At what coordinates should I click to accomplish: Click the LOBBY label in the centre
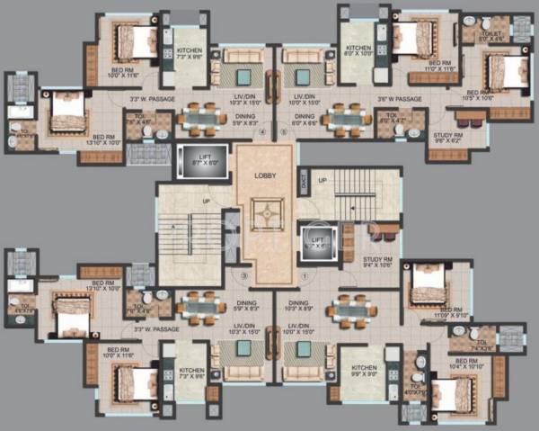click(264, 176)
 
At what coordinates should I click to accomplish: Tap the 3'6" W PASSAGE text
click(401, 98)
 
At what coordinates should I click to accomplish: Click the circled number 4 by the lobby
click(262, 133)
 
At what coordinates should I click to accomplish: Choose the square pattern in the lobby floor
click(264, 214)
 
